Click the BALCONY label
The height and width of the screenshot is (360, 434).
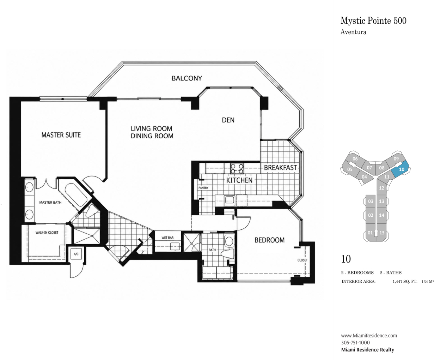(187, 78)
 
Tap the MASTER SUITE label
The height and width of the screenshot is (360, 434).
(61, 135)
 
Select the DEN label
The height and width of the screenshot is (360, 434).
(228, 120)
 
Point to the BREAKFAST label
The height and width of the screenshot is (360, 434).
(280, 168)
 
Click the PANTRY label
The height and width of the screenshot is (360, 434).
(203, 188)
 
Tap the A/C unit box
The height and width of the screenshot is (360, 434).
(76, 254)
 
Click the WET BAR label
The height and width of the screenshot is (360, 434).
(167, 238)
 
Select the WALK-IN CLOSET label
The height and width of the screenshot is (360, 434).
(47, 233)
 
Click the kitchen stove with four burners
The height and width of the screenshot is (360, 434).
(237, 169)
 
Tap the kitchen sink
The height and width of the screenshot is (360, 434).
(230, 200)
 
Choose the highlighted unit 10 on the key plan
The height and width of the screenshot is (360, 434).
(400, 169)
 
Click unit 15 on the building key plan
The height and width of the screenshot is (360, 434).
(382, 233)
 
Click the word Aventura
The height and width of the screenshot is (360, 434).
(353, 32)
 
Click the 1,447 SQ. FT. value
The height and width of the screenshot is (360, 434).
(405, 282)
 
